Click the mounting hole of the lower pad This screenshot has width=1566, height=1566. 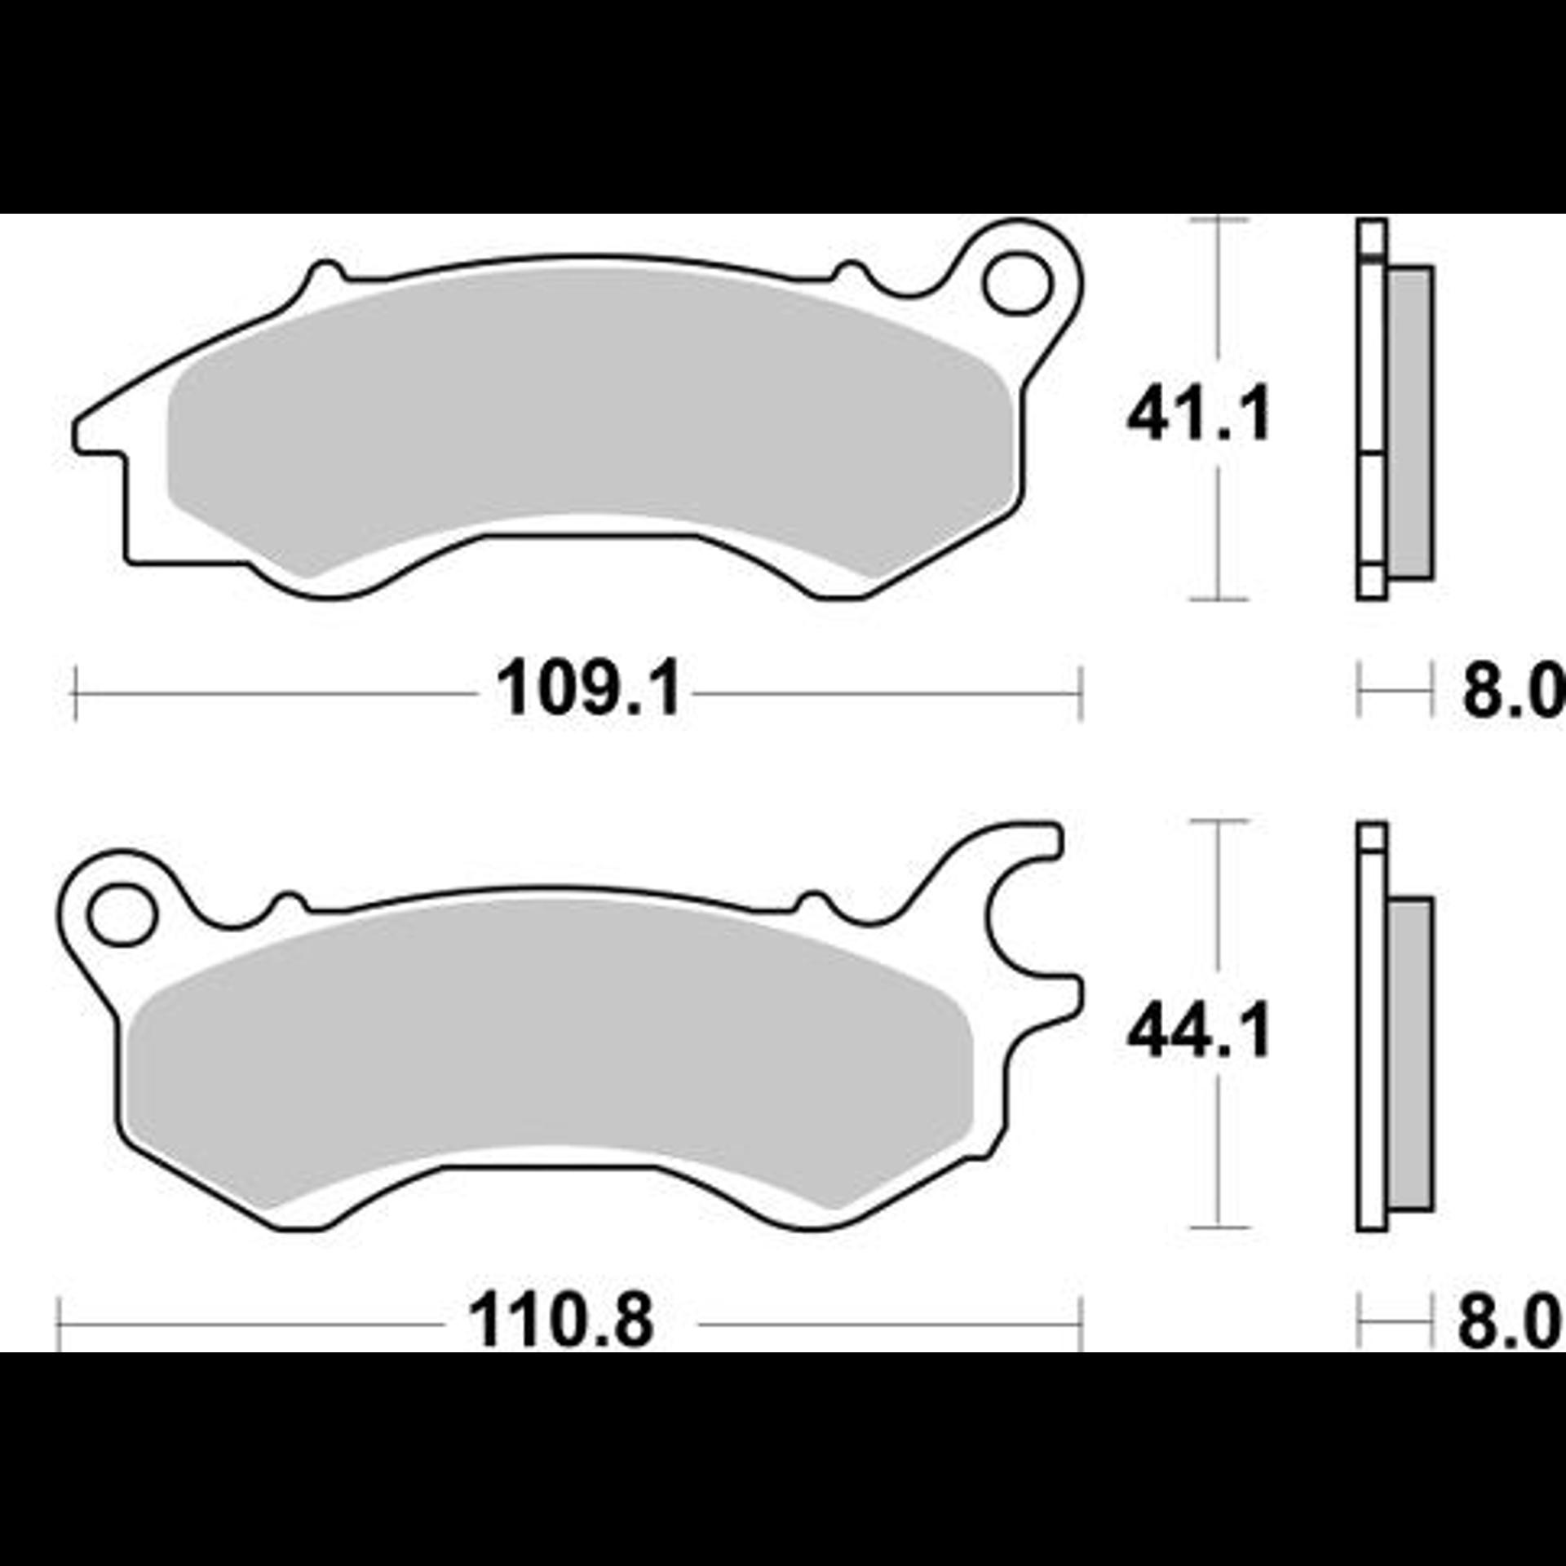[x=122, y=913]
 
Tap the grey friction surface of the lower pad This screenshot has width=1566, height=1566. [x=551, y=1052]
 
